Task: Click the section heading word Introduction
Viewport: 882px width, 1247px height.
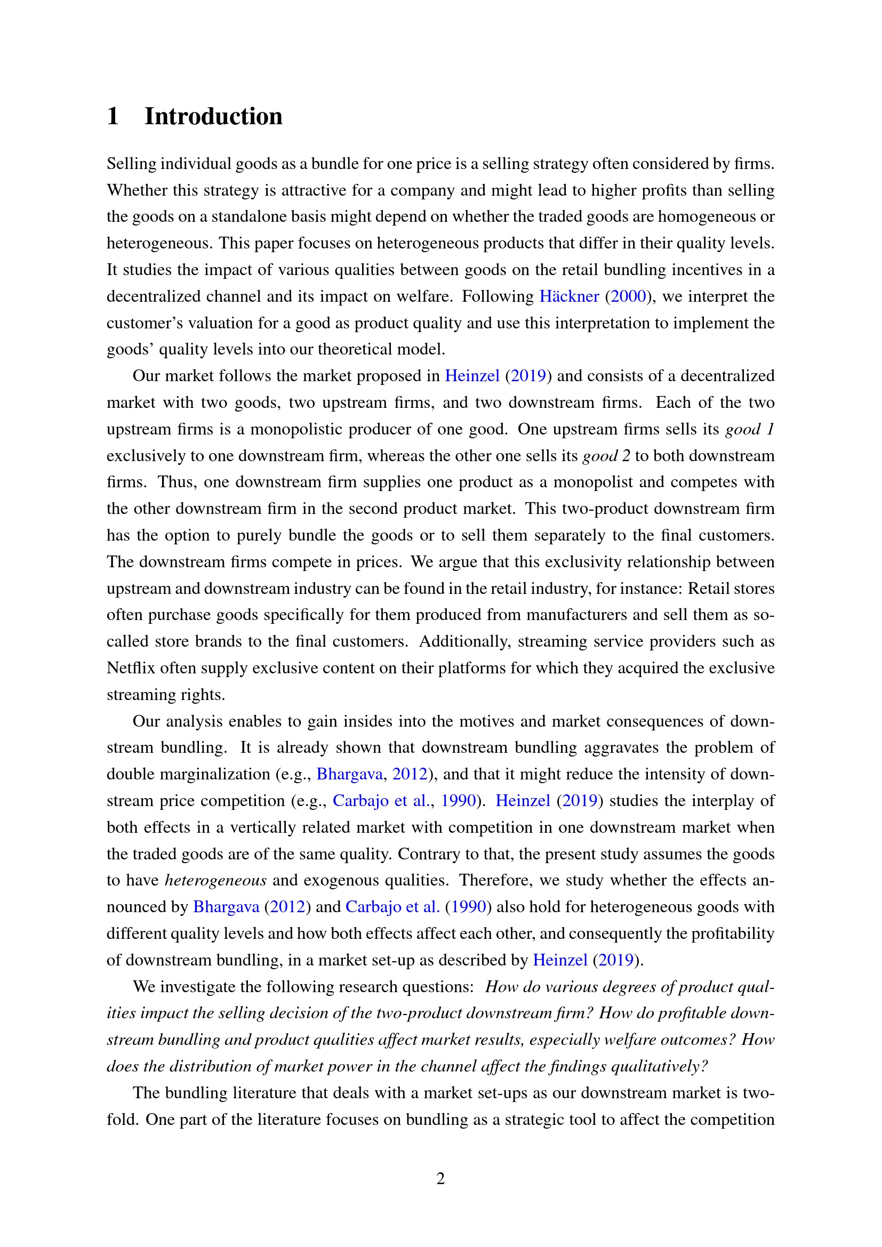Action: pos(213,117)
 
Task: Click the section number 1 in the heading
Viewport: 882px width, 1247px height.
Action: pos(113,117)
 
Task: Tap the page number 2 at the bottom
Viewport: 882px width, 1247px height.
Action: pos(440,1178)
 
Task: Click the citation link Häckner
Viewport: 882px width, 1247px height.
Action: pos(568,296)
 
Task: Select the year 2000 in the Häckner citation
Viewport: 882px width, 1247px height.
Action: pos(628,296)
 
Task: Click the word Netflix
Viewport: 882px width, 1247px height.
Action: pos(130,668)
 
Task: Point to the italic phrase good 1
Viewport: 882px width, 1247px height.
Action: pos(749,430)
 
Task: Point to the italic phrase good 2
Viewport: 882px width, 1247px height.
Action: pos(606,456)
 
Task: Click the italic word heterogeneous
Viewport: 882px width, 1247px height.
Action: pos(215,880)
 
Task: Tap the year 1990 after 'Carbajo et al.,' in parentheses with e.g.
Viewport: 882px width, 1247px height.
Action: pos(459,801)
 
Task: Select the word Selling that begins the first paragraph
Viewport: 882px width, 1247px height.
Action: pos(130,164)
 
